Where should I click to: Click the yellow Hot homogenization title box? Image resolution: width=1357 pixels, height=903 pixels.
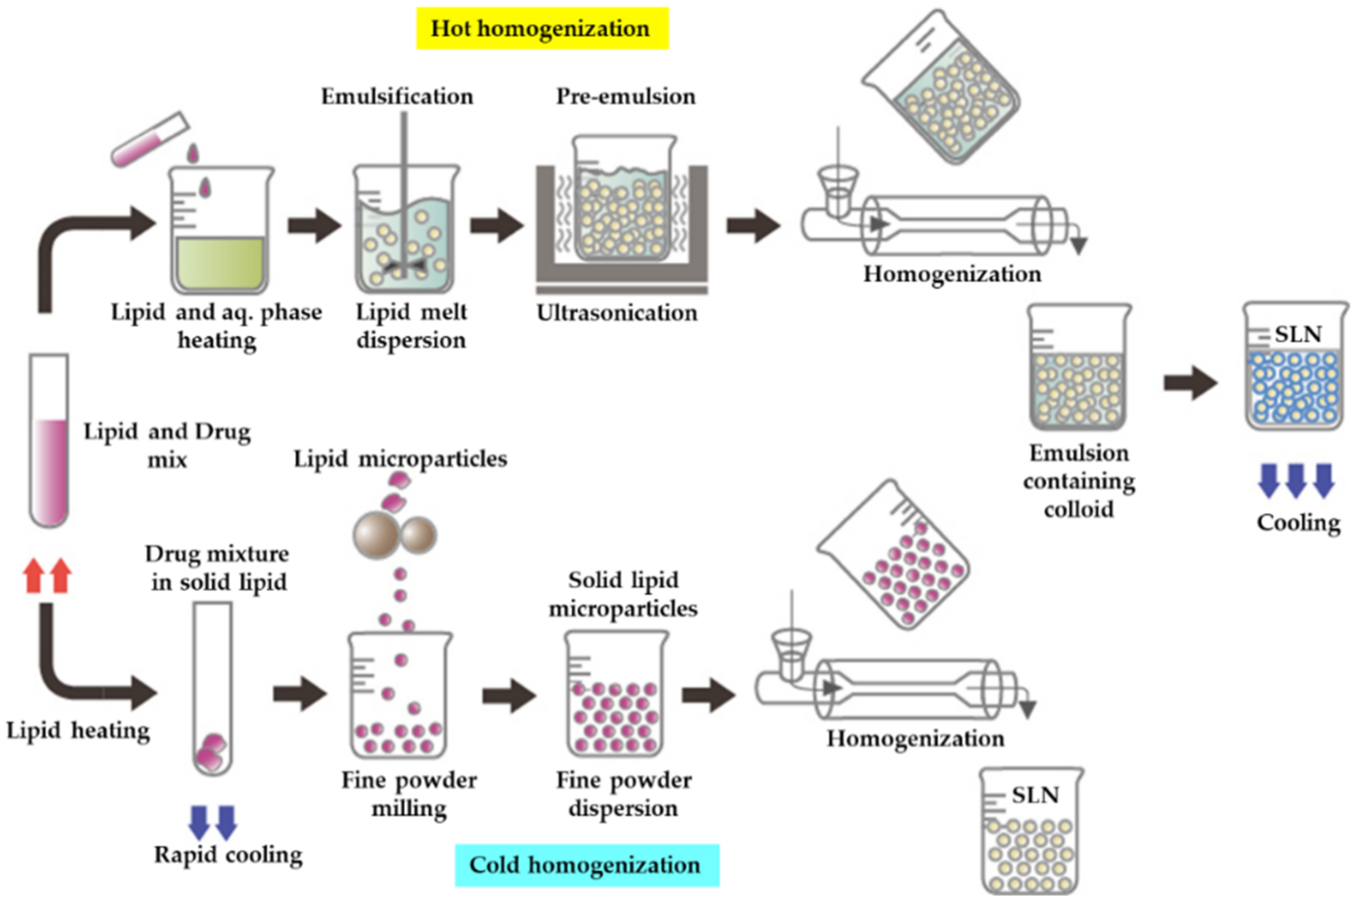click(542, 28)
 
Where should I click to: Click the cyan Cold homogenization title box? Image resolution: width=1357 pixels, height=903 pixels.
click(586, 865)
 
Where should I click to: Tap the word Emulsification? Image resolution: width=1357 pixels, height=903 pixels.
click(397, 96)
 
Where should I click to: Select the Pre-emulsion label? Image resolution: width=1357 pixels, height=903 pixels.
click(626, 96)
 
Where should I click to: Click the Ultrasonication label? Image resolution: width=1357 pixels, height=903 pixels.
click(617, 313)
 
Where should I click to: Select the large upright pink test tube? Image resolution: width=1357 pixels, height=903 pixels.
click(49, 441)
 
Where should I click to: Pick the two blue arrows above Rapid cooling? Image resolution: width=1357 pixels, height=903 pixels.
click(213, 822)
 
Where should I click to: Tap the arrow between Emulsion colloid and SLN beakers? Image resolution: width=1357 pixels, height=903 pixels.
click(1190, 383)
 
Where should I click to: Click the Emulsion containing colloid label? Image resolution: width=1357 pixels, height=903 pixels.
click(1078, 481)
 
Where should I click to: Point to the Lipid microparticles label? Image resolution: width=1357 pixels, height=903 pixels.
click(400, 459)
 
